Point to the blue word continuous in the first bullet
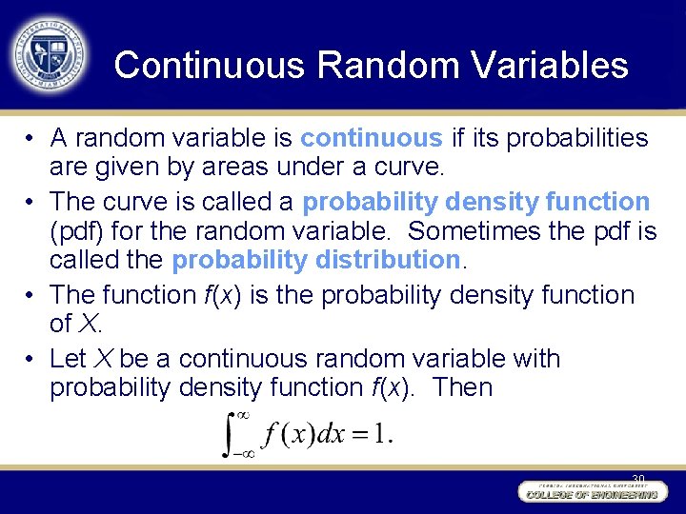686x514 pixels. [372, 139]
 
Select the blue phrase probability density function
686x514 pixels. [476, 202]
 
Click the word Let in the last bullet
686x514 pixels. [69, 359]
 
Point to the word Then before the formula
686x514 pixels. [460, 387]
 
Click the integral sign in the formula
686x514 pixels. [232, 433]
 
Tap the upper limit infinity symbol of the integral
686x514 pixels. [243, 415]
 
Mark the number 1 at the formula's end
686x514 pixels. [383, 435]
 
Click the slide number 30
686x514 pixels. [637, 477]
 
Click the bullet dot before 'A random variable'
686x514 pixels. [31, 140]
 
